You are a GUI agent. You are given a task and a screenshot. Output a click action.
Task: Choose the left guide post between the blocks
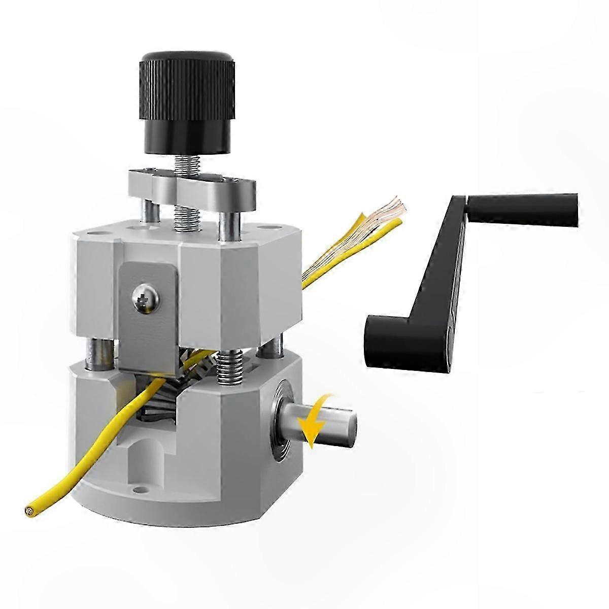(x=95, y=353)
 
